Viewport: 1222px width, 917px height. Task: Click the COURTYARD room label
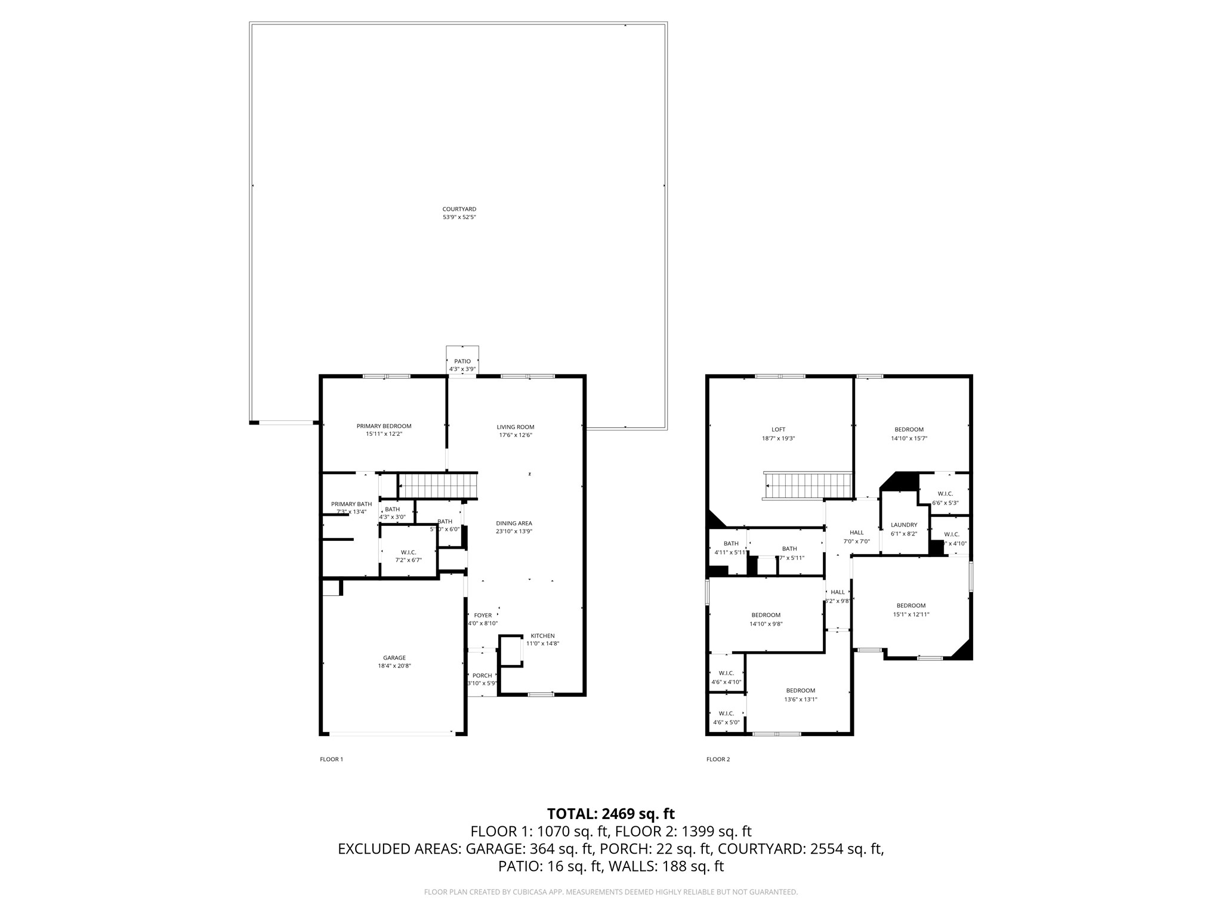[459, 210]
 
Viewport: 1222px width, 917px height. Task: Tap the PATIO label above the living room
[462, 361]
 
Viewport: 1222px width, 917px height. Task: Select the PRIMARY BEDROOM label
[384, 426]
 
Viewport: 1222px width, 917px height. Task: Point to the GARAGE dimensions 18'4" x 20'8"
[394, 666]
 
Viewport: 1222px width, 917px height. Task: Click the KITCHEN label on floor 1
[542, 636]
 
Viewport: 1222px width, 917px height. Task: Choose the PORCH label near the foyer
[482, 676]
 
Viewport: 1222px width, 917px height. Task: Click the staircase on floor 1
[437, 485]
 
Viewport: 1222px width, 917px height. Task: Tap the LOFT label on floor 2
[778, 429]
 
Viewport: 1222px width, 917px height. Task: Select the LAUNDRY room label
[904, 525]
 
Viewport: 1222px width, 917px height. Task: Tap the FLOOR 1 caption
[331, 759]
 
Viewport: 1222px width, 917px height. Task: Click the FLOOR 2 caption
[718, 759]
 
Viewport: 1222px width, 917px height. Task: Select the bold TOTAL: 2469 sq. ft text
[610, 814]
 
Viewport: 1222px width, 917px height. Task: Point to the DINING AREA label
[514, 524]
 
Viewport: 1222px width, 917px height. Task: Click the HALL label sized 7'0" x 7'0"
[856, 533]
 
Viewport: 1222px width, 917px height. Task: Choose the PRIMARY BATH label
[351, 504]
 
